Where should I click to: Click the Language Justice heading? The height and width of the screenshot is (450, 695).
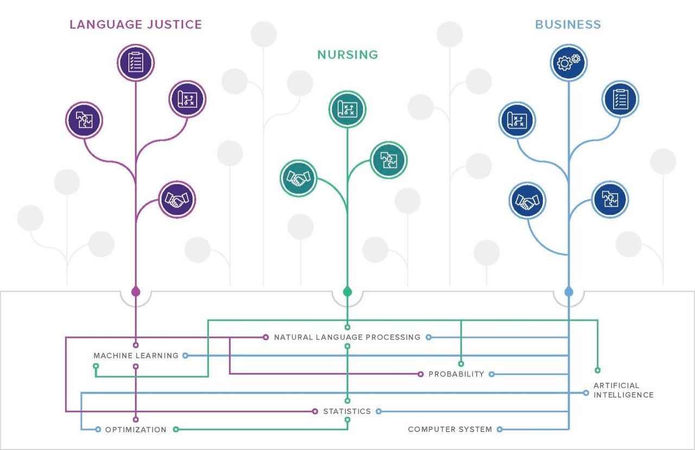tap(136, 24)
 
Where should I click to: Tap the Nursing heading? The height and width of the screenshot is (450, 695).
tap(347, 55)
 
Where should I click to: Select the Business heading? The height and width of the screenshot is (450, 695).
tap(568, 24)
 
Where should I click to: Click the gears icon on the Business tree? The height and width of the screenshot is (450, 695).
tap(568, 62)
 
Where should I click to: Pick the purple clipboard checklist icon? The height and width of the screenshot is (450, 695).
tap(136, 62)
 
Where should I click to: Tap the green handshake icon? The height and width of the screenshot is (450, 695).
tap(299, 178)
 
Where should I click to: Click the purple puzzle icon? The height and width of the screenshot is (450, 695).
tap(84, 120)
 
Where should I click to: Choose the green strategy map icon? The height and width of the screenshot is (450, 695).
tap(347, 109)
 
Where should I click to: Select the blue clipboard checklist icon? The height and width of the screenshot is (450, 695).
tap(620, 99)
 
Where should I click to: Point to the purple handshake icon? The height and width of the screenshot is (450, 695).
tap(177, 199)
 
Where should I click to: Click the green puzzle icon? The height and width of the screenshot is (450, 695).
tap(389, 160)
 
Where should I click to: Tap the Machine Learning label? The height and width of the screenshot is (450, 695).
tap(136, 355)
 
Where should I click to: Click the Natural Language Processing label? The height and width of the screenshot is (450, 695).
tap(347, 337)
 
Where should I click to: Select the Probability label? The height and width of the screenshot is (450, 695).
tap(457, 374)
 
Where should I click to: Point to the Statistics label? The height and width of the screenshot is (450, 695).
tap(347, 411)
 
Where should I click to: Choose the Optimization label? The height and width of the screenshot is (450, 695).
tap(136, 430)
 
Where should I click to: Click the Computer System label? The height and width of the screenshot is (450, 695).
tap(450, 429)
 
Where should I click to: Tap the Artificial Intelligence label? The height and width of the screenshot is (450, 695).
tap(623, 390)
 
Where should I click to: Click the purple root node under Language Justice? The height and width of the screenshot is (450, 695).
tap(136, 292)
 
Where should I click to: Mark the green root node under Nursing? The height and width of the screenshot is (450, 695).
tap(347, 292)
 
